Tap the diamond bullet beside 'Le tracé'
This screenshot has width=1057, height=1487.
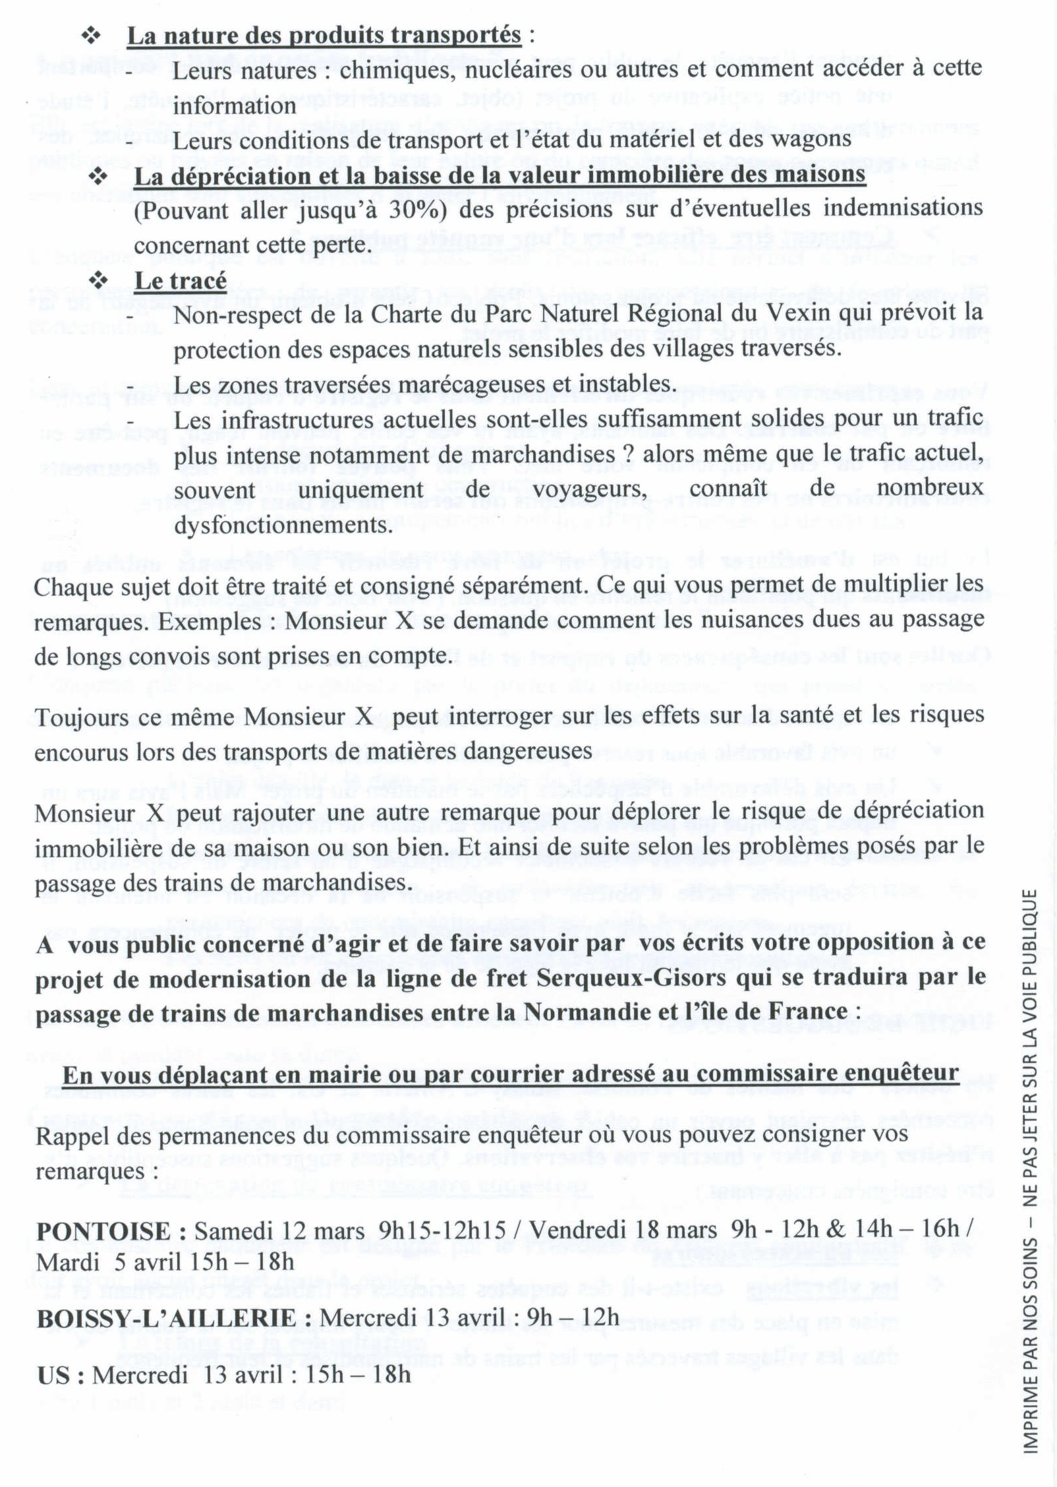pos(98,281)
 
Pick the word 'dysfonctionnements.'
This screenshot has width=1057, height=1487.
pos(283,526)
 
